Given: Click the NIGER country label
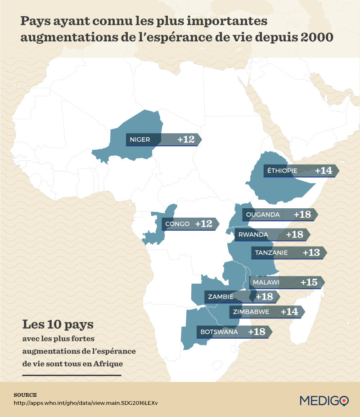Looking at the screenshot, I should click(x=139, y=139).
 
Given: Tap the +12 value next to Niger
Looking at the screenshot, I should click(x=186, y=139).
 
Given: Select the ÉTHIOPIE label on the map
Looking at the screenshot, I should click(x=282, y=171).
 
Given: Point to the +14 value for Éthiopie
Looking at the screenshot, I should click(x=323, y=171).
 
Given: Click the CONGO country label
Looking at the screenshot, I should click(x=177, y=224).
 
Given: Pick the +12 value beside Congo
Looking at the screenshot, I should click(x=203, y=224).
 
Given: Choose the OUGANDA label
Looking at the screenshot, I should click(x=263, y=215).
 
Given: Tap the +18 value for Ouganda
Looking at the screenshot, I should click(x=302, y=215).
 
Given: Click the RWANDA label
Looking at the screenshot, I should click(x=254, y=234).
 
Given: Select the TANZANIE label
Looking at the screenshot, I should click(x=271, y=253).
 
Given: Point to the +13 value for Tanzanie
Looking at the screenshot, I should click(x=311, y=253).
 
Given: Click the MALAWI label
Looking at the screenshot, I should click(x=266, y=282).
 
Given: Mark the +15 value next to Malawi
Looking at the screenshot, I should click(x=309, y=282).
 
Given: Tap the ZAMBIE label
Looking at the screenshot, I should click(x=220, y=296).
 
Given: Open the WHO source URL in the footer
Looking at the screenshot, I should click(x=86, y=403).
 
